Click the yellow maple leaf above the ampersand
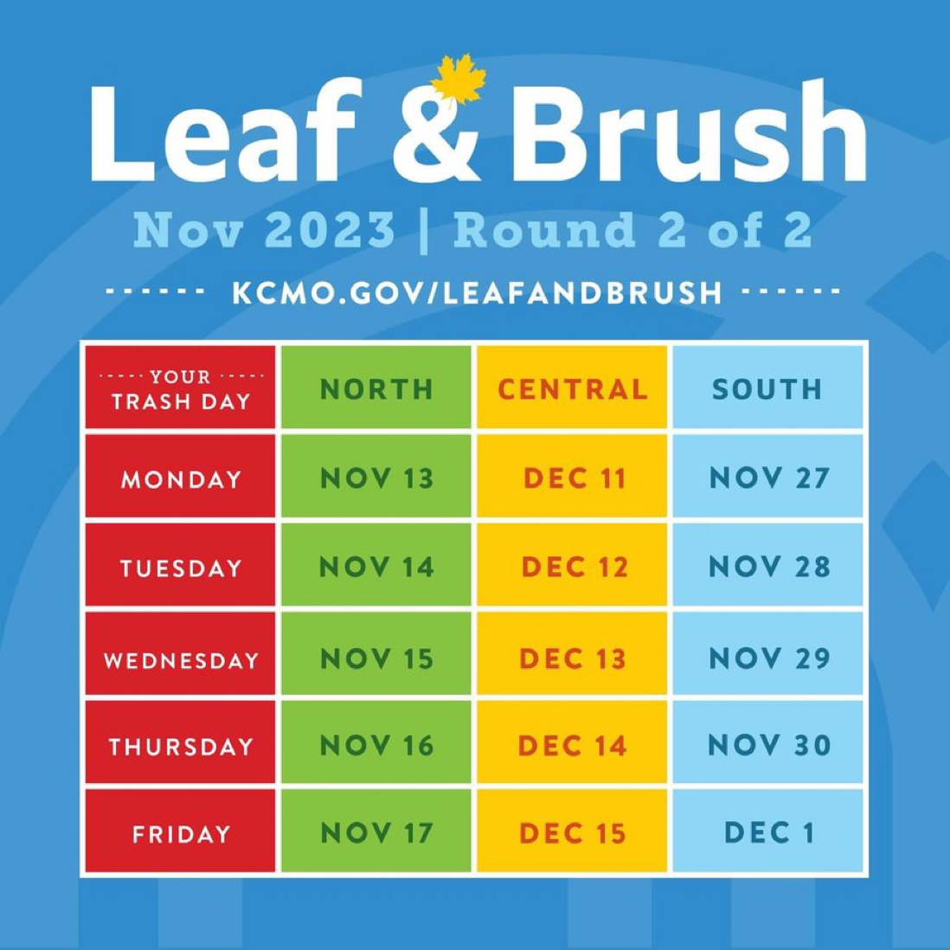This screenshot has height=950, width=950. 459,80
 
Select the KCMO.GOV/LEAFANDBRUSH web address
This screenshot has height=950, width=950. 477,292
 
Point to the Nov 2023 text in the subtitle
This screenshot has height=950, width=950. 264,230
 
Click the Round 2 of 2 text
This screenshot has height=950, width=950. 632,230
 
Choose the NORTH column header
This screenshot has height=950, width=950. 376,389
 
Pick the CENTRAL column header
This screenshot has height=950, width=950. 572,389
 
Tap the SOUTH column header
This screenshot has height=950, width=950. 767,389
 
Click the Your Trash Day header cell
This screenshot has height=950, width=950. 181,388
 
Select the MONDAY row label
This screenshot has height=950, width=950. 181,478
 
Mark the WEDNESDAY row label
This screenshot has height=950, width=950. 181,659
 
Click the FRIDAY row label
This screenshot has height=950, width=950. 181,834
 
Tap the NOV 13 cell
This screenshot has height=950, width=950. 376,478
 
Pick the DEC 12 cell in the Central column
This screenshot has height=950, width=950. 572,567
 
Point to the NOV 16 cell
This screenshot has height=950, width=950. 376,745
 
